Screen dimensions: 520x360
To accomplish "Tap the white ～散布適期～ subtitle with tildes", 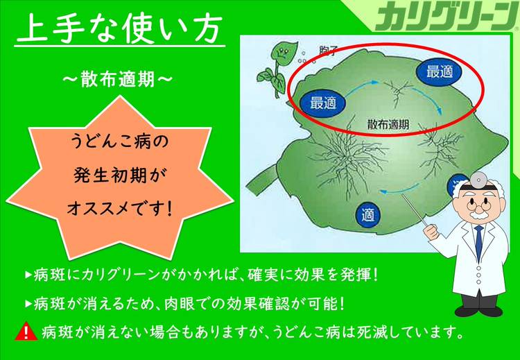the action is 118,80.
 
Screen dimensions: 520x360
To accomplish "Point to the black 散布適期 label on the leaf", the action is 388,125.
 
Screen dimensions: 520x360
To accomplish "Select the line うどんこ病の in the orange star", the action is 120,142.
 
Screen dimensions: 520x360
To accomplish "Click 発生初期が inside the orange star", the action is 119,175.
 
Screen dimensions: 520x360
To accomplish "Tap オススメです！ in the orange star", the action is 120,209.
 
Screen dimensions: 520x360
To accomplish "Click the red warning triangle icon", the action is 26,332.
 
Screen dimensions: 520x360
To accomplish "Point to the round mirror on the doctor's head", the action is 477,180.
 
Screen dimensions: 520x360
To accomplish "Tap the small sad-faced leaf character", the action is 275,71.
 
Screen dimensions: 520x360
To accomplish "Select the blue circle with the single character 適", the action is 368,214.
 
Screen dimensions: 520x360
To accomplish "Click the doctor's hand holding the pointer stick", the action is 432,232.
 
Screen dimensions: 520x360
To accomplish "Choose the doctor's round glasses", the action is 478,206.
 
